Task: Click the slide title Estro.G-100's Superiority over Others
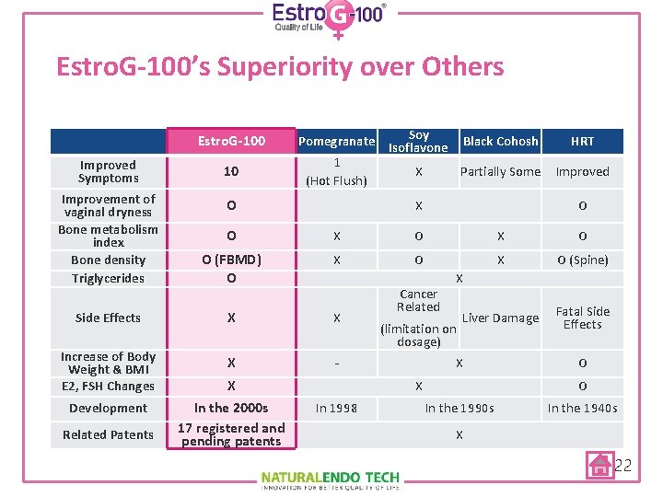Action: (280, 67)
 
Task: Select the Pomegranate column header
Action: (336, 142)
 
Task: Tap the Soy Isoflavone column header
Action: (418, 141)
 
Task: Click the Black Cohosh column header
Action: (500, 141)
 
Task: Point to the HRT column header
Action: (582, 141)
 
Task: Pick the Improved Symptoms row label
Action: (108, 172)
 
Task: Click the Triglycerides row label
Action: (108, 278)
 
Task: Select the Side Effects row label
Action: (108, 318)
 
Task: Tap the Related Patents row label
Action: (108, 434)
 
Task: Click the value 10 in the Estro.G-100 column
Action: (231, 172)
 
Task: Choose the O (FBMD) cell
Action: (231, 260)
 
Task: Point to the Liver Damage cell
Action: (500, 318)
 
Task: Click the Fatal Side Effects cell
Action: (582, 318)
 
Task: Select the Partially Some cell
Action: (500, 172)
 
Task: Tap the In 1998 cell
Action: (336, 408)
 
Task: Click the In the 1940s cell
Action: (582, 408)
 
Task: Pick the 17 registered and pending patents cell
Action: (231, 434)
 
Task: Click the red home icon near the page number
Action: (600, 465)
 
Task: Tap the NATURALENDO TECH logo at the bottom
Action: (331, 479)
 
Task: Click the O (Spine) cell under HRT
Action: (582, 260)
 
